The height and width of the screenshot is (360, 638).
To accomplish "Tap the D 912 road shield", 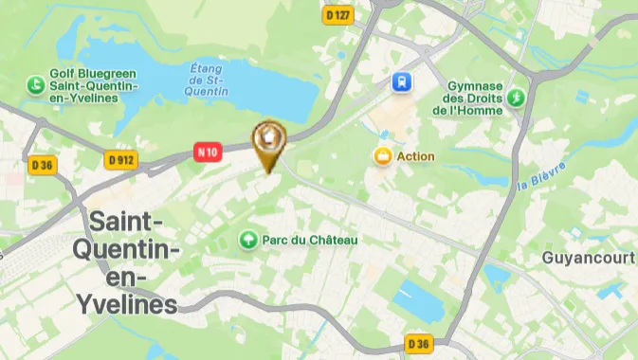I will coord(122,160).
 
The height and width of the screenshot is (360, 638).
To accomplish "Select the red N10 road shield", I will coord(208,151).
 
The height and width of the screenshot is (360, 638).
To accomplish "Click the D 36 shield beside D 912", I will coord(43,165).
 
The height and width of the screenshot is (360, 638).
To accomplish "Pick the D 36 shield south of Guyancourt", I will coord(419,342).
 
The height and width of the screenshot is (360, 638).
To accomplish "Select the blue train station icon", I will coord(403,81).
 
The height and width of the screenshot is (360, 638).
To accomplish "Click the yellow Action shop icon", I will coord(383,156).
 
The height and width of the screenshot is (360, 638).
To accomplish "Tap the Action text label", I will coord(415,156).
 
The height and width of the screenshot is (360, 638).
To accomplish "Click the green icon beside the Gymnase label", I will coord(517,97).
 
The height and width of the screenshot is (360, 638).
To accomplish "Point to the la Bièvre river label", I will coord(542,176).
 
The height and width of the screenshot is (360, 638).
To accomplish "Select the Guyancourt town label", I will coord(587,258).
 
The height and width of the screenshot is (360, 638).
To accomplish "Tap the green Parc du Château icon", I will coord(249,241).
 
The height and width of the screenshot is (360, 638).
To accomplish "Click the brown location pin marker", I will coord(270,144).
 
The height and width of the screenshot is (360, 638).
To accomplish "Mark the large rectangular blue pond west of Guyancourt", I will coord(418,300).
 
